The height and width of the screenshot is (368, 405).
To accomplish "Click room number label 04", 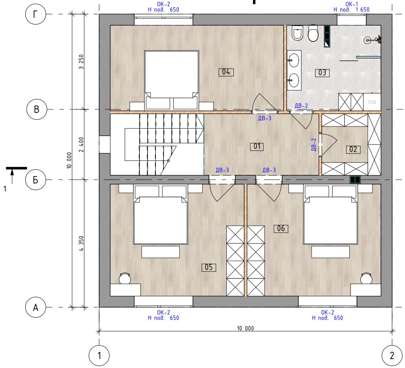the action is click(x=226, y=72).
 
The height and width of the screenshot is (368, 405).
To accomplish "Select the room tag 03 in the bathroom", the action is click(x=322, y=73).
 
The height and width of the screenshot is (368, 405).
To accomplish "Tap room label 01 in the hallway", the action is click(x=257, y=147).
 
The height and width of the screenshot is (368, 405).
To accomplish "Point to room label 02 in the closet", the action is click(x=353, y=149).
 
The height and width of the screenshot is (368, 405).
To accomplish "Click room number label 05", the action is click(x=209, y=267).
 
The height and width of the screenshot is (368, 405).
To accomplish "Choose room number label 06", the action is click(x=281, y=228).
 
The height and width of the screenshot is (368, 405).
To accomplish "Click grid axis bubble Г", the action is click(x=35, y=14).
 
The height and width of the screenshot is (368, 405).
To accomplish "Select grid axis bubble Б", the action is click(x=35, y=180).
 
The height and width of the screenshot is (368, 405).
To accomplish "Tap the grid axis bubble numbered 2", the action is click(x=392, y=356).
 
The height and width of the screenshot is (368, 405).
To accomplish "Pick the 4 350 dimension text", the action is click(x=81, y=244).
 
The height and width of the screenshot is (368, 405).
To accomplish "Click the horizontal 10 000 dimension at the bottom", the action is click(x=245, y=328).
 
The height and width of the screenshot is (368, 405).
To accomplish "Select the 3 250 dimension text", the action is click(x=81, y=62).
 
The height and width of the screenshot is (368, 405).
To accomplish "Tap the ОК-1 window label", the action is click(x=352, y=4).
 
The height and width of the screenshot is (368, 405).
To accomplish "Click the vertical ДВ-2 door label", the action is click(x=314, y=145).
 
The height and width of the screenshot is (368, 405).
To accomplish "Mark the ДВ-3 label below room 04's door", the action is click(x=265, y=118).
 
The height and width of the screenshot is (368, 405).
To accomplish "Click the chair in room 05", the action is click(x=125, y=278).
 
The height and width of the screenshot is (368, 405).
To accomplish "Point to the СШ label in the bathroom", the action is click(x=372, y=102).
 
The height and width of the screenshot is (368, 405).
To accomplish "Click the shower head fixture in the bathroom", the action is click(x=373, y=40).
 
